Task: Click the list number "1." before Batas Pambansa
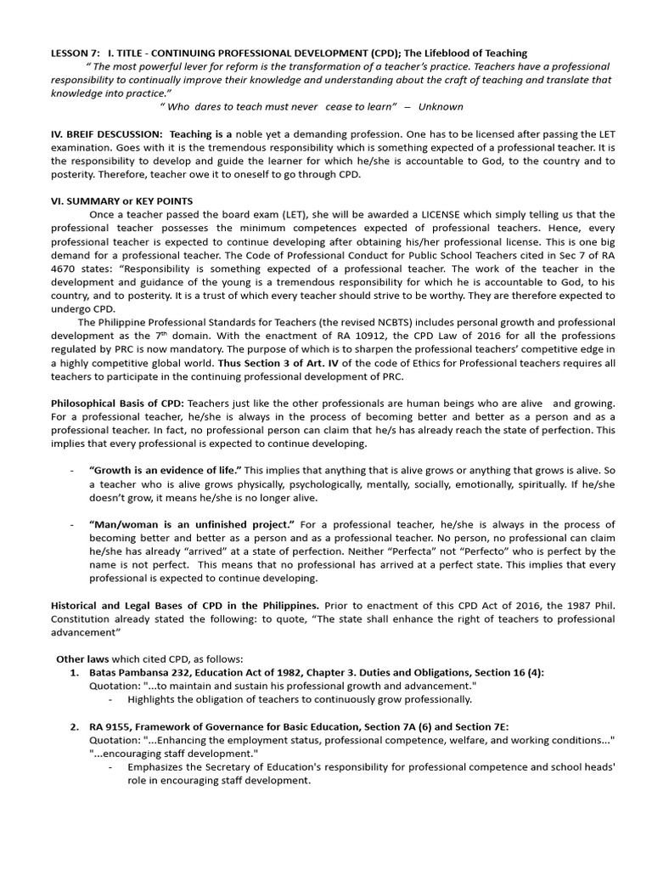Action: (x=75, y=672)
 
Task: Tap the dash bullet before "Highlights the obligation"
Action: (x=112, y=699)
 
